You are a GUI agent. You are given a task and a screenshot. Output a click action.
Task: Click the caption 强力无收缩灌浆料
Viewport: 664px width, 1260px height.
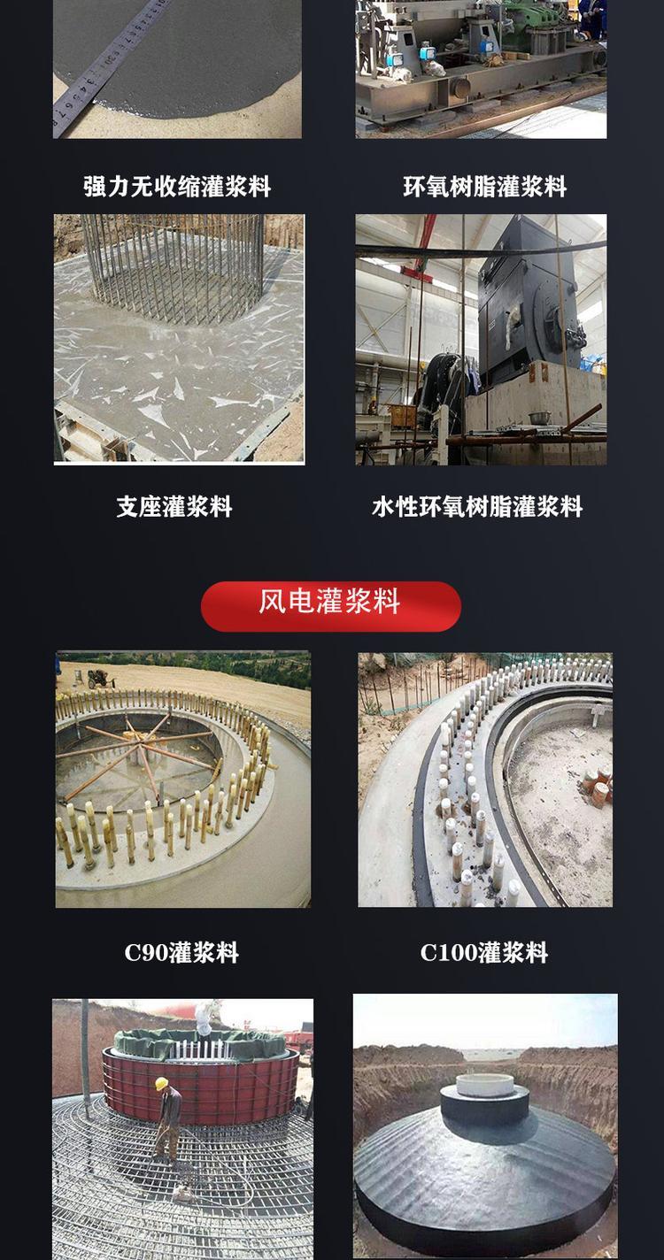[177, 186]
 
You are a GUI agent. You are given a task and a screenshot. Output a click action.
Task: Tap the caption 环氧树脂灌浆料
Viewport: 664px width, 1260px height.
[484, 186]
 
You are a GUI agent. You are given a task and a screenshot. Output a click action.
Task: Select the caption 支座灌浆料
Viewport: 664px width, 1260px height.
[174, 506]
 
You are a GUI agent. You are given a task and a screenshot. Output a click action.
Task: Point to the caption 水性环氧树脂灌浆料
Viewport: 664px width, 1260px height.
[477, 506]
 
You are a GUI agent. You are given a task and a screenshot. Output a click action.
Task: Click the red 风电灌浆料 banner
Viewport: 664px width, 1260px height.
[331, 606]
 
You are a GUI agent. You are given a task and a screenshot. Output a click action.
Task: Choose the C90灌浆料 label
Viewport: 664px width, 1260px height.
[181, 952]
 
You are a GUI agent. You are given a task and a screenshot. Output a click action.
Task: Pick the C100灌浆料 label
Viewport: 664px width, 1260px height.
[484, 952]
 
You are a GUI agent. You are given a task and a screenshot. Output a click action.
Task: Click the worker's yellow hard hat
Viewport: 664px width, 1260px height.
[162, 1083]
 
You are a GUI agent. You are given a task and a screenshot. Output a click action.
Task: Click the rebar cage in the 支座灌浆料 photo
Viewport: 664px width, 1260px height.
[174, 265]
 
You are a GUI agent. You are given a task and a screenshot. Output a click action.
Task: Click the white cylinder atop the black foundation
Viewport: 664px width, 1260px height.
[484, 1085]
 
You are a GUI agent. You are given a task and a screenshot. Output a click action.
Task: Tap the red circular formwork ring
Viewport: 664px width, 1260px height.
[200, 1080]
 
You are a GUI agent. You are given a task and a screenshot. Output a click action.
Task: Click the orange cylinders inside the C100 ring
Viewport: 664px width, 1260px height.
[594, 784]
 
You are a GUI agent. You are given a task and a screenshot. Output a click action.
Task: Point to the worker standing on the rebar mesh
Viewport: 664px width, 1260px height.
[166, 1119]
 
